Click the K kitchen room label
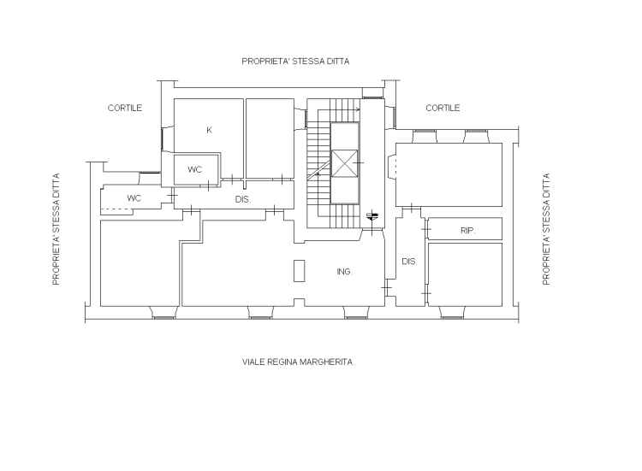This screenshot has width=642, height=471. tap(209, 130)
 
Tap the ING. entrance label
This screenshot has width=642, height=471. tap(345, 272)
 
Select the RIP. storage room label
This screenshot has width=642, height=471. tap(468, 231)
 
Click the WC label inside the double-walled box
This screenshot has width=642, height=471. tap(195, 169)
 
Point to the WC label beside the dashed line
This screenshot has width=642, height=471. tap(134, 198)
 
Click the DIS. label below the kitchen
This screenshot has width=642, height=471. tap(243, 199)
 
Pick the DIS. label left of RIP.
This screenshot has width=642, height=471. tap(409, 262)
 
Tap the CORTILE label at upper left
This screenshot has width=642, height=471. tap(125, 108)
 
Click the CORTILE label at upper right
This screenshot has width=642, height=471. tap(443, 108)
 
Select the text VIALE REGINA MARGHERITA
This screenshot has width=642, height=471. tap(297, 362)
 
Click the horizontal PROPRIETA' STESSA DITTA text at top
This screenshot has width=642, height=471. tap(295, 62)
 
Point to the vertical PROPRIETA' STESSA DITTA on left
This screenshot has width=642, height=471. tap(56, 229)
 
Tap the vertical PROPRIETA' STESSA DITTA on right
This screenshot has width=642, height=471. tap(546, 229)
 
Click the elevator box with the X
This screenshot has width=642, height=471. tap(344, 163)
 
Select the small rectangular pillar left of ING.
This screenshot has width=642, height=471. tap(300, 271)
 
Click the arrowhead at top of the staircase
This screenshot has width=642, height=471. tap(359, 109)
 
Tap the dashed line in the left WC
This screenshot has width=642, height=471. tap(116, 209)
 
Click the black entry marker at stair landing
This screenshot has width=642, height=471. tap(372, 216)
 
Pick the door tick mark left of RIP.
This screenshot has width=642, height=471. tap(426, 229)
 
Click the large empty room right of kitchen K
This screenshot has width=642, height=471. tap(270, 138)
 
